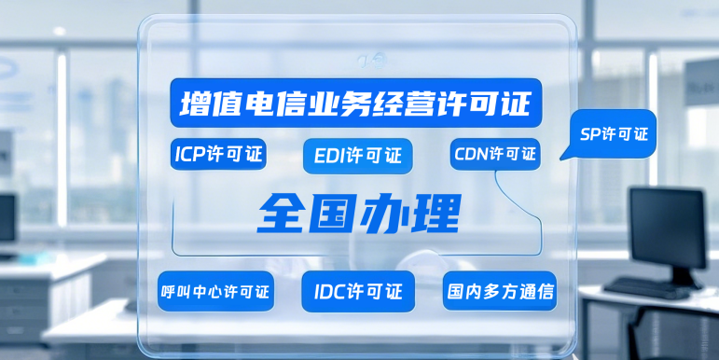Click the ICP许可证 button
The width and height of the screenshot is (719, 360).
pos(219,153)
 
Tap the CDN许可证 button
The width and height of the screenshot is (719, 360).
pos(494,153)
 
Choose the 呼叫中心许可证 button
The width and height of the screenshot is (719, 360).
pos(214,292)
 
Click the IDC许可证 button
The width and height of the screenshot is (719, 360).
pos(358,291)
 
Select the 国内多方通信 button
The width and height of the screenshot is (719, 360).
pos(500,292)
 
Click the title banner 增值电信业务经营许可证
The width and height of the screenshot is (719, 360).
pos(355,101)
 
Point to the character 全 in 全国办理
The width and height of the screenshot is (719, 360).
pos(283,214)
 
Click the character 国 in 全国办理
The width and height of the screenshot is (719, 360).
pos(333,214)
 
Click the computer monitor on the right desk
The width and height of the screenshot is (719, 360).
pos(666,228)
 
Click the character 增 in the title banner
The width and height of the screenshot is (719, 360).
pos(193,101)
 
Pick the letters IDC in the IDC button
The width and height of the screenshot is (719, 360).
pos(326,291)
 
